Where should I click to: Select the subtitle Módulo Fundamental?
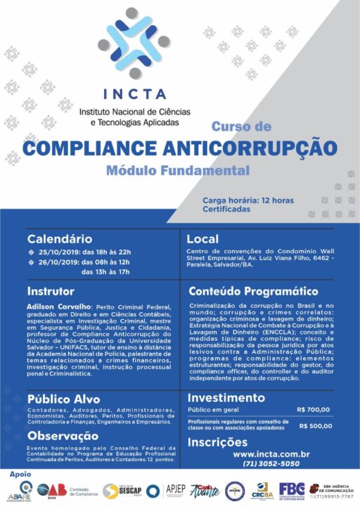(x=178, y=170)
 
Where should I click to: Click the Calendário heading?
(x=60, y=239)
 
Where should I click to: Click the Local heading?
(x=203, y=239)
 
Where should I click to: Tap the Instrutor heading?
(x=50, y=290)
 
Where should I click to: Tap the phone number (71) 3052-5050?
(x=262, y=464)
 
